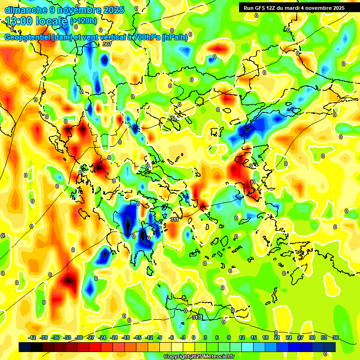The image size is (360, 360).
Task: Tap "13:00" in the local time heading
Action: tap(20, 21)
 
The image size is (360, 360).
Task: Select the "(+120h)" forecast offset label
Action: tap(83, 21)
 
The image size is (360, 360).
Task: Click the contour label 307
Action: tap(107, 44)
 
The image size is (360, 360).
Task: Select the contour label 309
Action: tap(175, 119)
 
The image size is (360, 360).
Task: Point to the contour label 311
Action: tap(174, 219)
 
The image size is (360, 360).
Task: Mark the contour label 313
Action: tap(197, 317)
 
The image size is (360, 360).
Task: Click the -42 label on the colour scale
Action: tap(32, 338)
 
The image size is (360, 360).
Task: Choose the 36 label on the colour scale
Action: tap(336, 338)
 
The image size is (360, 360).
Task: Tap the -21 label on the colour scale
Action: tap(114, 338)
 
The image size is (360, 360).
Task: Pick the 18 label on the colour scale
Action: tap(265, 338)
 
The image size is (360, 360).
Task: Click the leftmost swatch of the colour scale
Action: tap(25, 347)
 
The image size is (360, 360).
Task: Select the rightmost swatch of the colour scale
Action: tap(330, 347)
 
